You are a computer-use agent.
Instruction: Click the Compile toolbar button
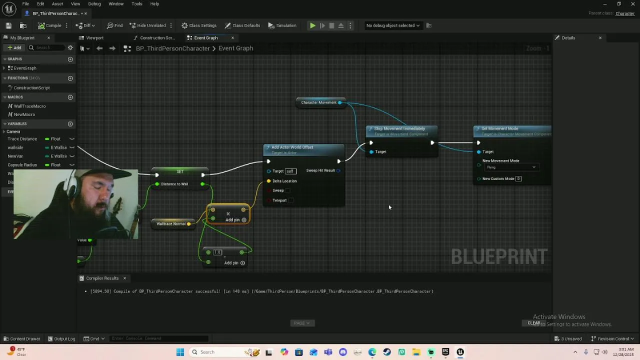(50, 25)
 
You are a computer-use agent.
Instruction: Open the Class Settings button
(199, 25)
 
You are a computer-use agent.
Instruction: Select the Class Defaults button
(242, 25)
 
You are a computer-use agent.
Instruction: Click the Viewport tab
(94, 38)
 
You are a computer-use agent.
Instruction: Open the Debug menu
(94, 4)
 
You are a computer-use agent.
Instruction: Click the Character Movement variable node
(319, 102)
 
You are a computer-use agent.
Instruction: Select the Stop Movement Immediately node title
(399, 129)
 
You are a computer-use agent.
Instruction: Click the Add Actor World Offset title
(292, 147)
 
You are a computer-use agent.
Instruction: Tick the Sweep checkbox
(287, 190)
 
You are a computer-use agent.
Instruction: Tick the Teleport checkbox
(291, 200)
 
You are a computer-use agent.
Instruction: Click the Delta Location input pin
(269, 181)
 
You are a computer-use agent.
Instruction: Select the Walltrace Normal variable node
(171, 224)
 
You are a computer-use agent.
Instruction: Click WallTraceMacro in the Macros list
(29, 106)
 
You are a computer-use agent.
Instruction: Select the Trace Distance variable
(22, 139)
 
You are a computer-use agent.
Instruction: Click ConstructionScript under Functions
(31, 88)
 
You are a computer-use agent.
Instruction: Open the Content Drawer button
(22, 339)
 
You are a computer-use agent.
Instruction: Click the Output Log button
(61, 339)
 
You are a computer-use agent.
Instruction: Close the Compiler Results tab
(124, 278)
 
